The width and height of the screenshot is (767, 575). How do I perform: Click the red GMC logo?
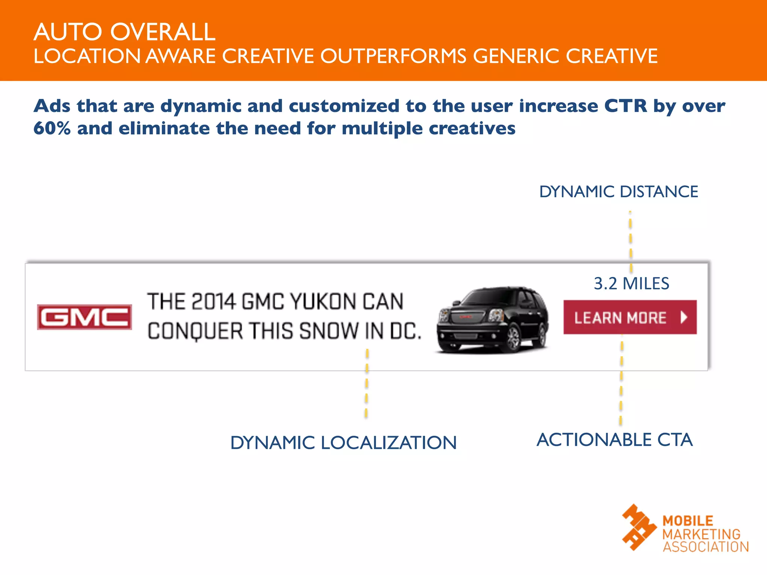(85, 317)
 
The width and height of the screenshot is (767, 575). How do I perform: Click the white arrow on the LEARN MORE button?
(684, 317)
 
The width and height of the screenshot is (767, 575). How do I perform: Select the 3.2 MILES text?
(631, 283)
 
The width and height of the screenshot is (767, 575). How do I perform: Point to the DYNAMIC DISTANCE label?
(618, 192)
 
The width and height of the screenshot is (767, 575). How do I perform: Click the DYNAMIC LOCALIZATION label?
(343, 442)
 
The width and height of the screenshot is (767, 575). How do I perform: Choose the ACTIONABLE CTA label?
(615, 439)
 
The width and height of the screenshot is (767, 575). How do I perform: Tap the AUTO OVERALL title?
(124, 32)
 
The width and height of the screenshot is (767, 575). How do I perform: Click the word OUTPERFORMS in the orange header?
(393, 57)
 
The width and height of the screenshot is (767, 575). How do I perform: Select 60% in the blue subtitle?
(52, 128)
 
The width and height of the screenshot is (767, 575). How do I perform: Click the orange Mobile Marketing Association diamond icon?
(639, 527)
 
